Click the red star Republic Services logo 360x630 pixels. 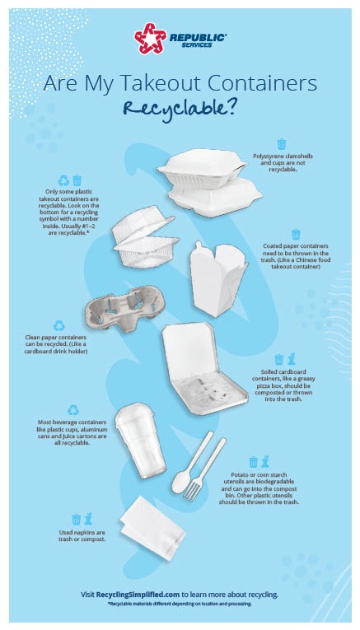click(x=150, y=38)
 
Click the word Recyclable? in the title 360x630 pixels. click(x=180, y=109)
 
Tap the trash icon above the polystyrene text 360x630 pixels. click(x=282, y=144)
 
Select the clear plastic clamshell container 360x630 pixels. click(x=145, y=237)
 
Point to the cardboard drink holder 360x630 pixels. click(x=125, y=308)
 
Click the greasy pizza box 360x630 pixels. click(x=204, y=368)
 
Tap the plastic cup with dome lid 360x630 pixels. click(x=140, y=440)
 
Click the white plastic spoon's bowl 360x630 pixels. click(x=180, y=482)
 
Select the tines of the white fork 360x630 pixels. click(x=192, y=492)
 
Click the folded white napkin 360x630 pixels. click(x=152, y=528)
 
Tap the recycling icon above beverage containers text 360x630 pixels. click(x=73, y=410)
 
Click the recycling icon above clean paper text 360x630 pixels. click(x=59, y=325)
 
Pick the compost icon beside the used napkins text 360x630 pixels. click(x=88, y=519)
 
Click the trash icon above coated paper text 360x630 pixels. click(x=296, y=234)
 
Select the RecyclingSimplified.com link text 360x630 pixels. click(x=138, y=595)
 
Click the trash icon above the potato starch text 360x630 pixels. click(x=253, y=462)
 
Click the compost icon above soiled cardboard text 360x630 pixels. click(x=292, y=359)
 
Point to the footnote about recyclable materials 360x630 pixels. click(x=180, y=604)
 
